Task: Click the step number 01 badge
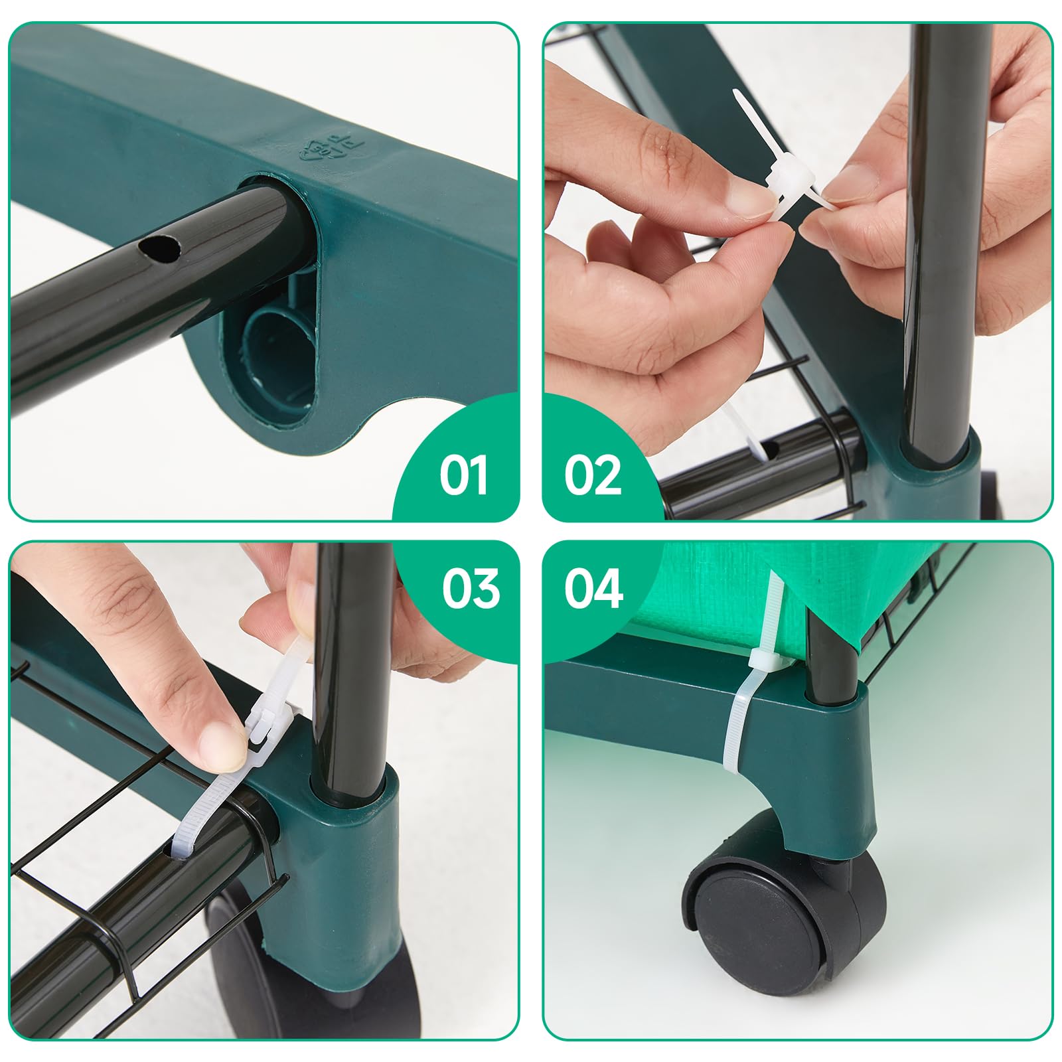click(463, 475)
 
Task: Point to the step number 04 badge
click(593, 588)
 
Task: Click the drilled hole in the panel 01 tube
click(159, 249)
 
